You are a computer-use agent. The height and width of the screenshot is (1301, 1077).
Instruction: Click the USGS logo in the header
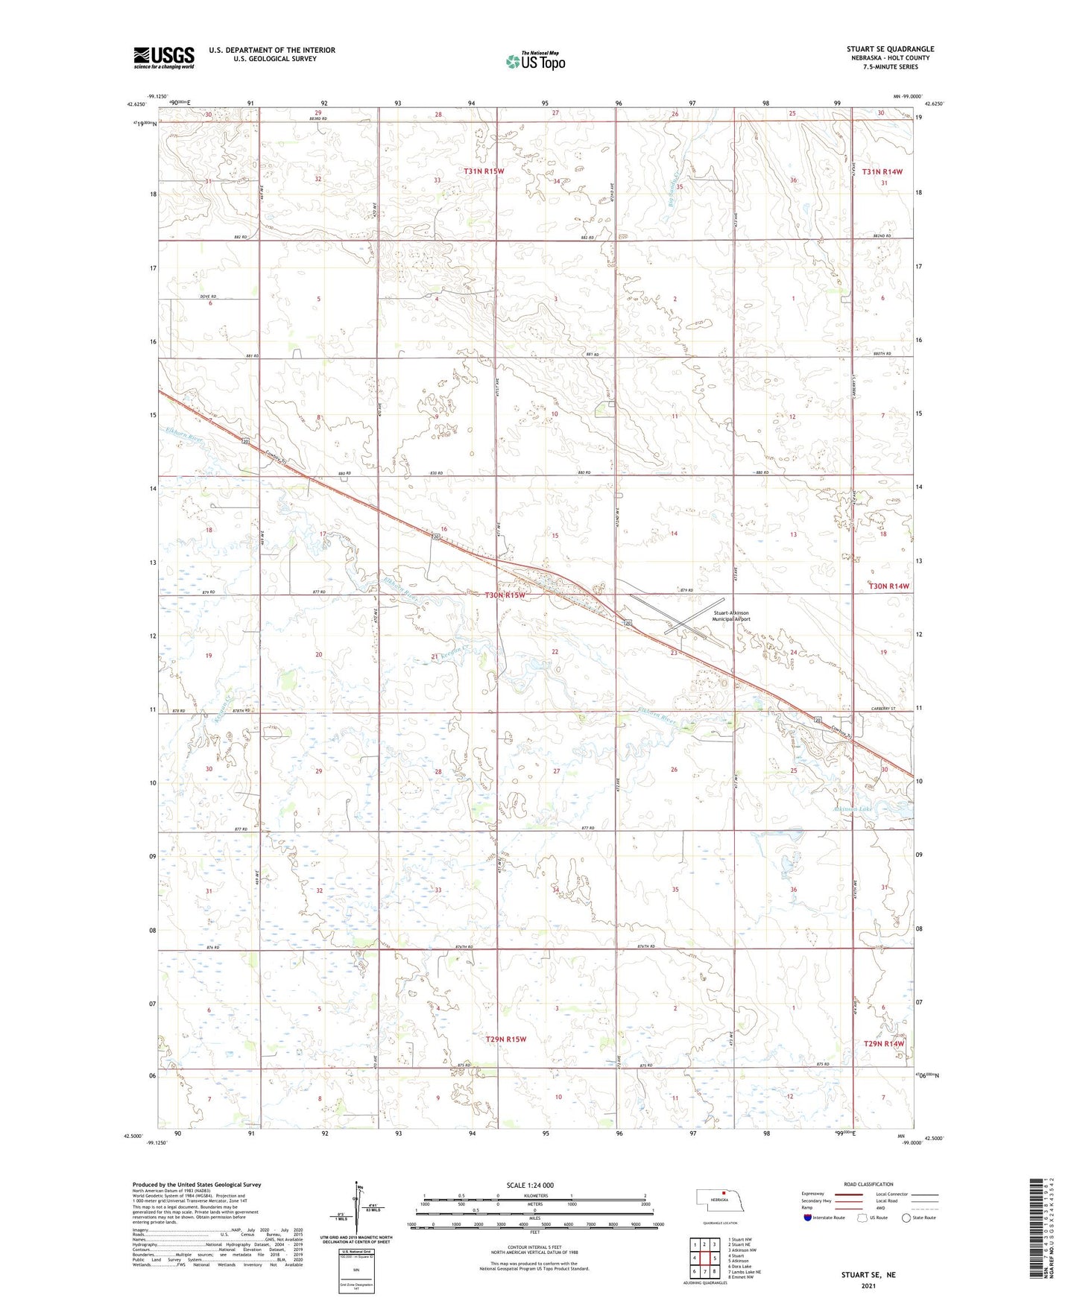[x=163, y=57]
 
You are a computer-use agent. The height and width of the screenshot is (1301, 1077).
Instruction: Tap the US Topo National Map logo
[x=535, y=60]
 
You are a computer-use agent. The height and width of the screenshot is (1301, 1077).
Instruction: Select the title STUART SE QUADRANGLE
[x=890, y=49]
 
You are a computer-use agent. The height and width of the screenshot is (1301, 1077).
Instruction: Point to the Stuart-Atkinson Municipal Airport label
[x=731, y=616]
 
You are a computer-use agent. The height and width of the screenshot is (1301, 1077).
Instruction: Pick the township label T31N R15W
[x=484, y=171]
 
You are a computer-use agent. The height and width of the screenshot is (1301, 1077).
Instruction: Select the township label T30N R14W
[x=889, y=586]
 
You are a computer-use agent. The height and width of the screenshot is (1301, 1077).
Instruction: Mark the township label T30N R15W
[x=505, y=595]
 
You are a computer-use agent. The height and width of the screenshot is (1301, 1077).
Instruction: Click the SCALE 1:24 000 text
[x=530, y=1186]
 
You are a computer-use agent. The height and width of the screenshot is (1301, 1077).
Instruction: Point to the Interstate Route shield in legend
[x=809, y=1218]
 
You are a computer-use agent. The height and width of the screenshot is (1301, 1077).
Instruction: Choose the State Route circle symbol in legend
[x=906, y=1218]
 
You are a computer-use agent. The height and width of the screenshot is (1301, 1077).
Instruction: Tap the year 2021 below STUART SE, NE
[x=868, y=1286]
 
